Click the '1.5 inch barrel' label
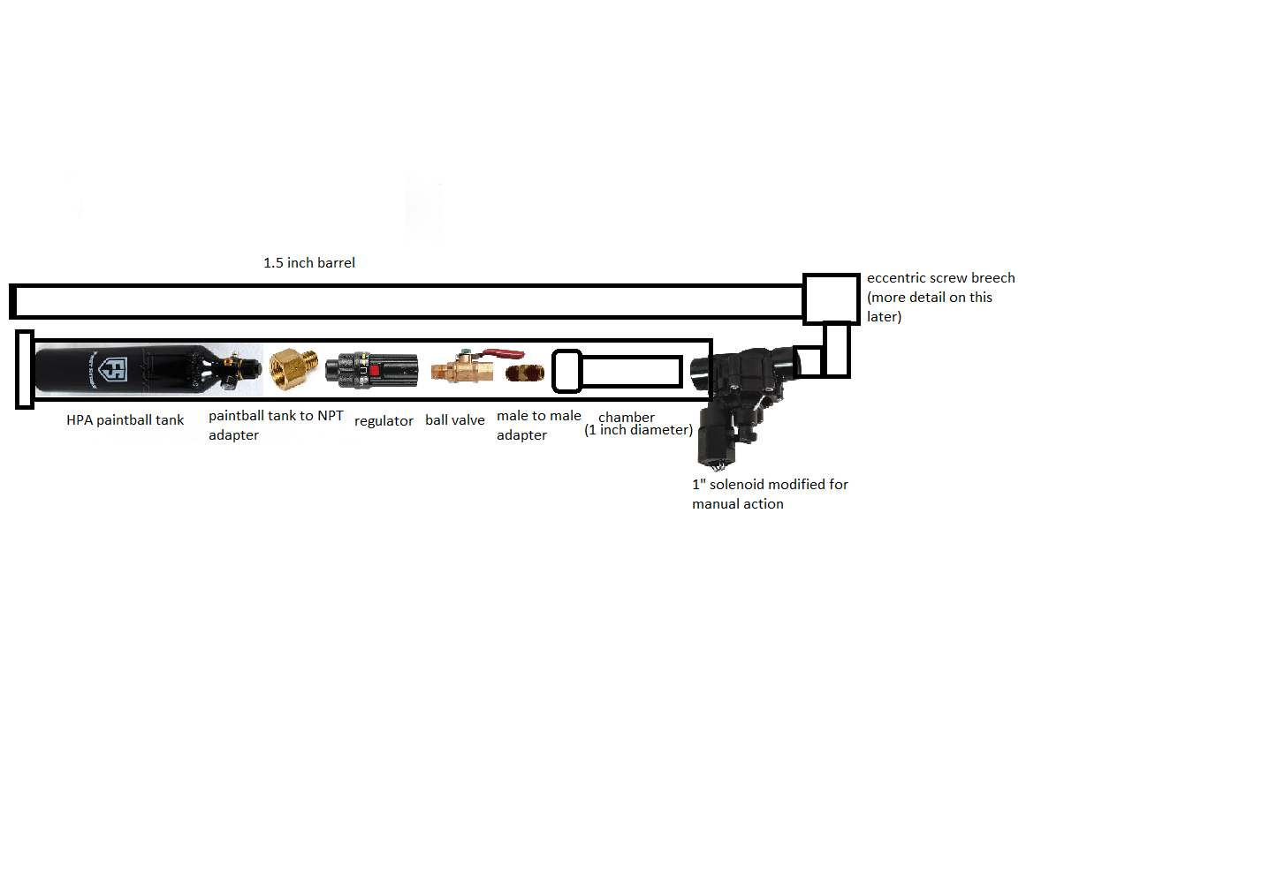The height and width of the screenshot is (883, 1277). click(x=309, y=262)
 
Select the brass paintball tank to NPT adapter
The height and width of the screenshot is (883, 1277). click(x=293, y=368)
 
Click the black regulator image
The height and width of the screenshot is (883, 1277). click(x=371, y=370)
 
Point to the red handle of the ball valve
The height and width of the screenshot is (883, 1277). click(x=504, y=353)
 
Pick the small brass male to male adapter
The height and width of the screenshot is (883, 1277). click(x=524, y=374)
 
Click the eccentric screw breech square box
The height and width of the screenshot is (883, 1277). click(x=832, y=298)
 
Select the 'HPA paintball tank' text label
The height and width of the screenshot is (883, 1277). click(x=125, y=420)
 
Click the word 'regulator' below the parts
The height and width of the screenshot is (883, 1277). click(x=384, y=421)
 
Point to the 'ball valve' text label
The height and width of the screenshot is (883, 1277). click(x=455, y=419)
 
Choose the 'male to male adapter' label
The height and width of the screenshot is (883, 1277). click(x=539, y=425)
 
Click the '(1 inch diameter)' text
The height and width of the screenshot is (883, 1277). click(x=638, y=430)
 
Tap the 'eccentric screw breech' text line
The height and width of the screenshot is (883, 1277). click(x=940, y=278)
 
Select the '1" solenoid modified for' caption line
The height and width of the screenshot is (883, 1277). click(x=771, y=484)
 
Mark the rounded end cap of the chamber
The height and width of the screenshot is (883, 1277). click(x=566, y=371)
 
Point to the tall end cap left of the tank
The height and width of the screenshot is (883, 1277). click(x=25, y=369)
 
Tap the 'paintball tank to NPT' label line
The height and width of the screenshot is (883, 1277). click(x=276, y=416)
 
